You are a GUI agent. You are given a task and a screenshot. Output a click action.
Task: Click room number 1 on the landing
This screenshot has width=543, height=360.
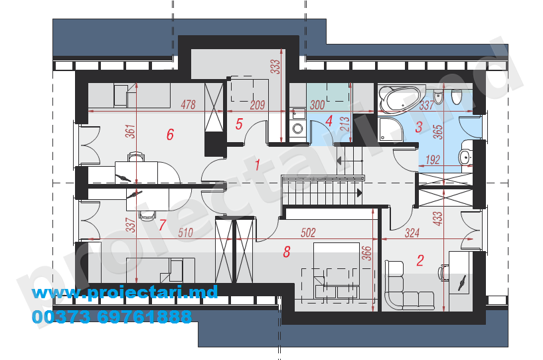(x=258, y=165)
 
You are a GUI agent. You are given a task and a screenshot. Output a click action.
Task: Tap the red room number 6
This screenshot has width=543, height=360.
(x=170, y=134)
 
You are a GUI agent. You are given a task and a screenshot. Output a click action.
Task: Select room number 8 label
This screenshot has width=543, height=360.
(x=286, y=252)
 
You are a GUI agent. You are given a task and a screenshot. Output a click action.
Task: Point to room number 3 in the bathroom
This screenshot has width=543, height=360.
(x=419, y=127)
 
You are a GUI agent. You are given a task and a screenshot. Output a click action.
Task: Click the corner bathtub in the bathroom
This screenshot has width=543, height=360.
(x=400, y=99)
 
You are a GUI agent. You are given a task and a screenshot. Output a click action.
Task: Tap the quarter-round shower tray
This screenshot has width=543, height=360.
(x=390, y=130)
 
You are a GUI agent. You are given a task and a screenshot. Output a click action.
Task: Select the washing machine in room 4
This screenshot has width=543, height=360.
(x=297, y=129)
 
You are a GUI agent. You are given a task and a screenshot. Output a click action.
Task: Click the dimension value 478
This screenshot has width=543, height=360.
(x=188, y=104)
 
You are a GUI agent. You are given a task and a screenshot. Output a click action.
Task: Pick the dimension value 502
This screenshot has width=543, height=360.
(x=308, y=232)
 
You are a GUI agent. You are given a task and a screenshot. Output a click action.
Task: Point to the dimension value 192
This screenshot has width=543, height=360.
(x=433, y=159)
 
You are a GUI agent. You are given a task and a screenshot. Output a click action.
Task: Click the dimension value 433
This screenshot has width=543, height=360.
(x=437, y=219)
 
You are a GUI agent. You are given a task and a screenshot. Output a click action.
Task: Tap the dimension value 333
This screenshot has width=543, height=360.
(x=275, y=66)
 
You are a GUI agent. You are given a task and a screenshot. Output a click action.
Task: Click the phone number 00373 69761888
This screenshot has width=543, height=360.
(x=112, y=317)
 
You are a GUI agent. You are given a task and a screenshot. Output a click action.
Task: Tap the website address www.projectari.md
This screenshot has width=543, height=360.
(x=125, y=293)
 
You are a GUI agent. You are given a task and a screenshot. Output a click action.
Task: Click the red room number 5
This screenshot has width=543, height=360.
(x=239, y=124)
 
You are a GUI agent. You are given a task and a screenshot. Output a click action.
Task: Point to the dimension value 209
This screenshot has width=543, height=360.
(x=258, y=105)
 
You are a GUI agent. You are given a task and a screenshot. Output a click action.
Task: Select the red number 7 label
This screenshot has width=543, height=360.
(x=162, y=225)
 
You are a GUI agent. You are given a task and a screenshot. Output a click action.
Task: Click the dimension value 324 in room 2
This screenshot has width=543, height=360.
(x=412, y=233)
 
